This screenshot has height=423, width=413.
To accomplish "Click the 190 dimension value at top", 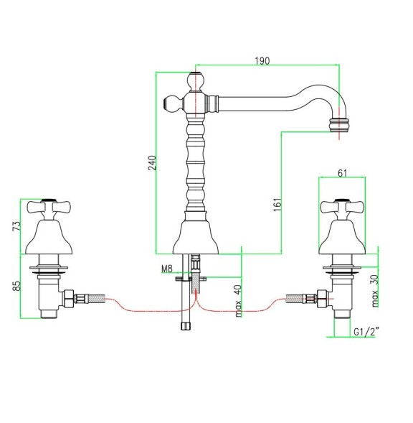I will coord(262,62).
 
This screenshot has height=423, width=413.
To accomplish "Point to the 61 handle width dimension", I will coord(342,172).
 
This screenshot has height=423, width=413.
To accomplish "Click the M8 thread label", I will coord(167,269).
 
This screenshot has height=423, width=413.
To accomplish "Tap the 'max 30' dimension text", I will coord(374,289).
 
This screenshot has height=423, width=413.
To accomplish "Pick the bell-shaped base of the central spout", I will coord(196,235).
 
